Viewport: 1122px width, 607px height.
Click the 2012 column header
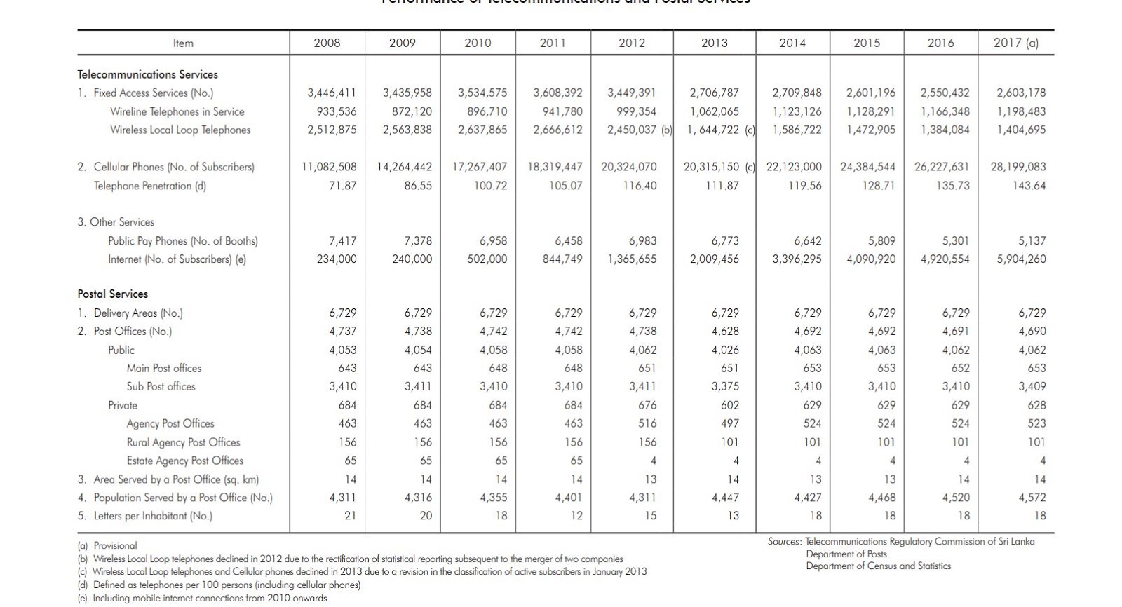631,43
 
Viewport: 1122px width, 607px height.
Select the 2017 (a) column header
1015,43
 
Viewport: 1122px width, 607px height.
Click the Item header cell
183,43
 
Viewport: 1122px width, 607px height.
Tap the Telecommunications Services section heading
147,74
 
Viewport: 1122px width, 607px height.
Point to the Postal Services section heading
112,294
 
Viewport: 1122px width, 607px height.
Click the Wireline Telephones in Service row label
177,111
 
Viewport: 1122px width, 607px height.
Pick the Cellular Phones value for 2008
329,167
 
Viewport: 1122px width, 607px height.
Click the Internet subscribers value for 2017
1021,259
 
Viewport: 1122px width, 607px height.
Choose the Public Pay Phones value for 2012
642,240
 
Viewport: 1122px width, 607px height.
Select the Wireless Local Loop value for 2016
945,130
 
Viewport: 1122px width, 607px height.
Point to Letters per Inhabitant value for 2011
576,516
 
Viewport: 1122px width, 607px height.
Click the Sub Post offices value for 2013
725,386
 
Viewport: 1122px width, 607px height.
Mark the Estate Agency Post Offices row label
184,461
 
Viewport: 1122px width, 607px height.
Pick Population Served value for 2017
1032,498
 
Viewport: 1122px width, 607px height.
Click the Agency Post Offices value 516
647,423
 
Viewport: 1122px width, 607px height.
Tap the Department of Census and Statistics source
878,566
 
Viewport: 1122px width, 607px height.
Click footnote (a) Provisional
107,545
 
